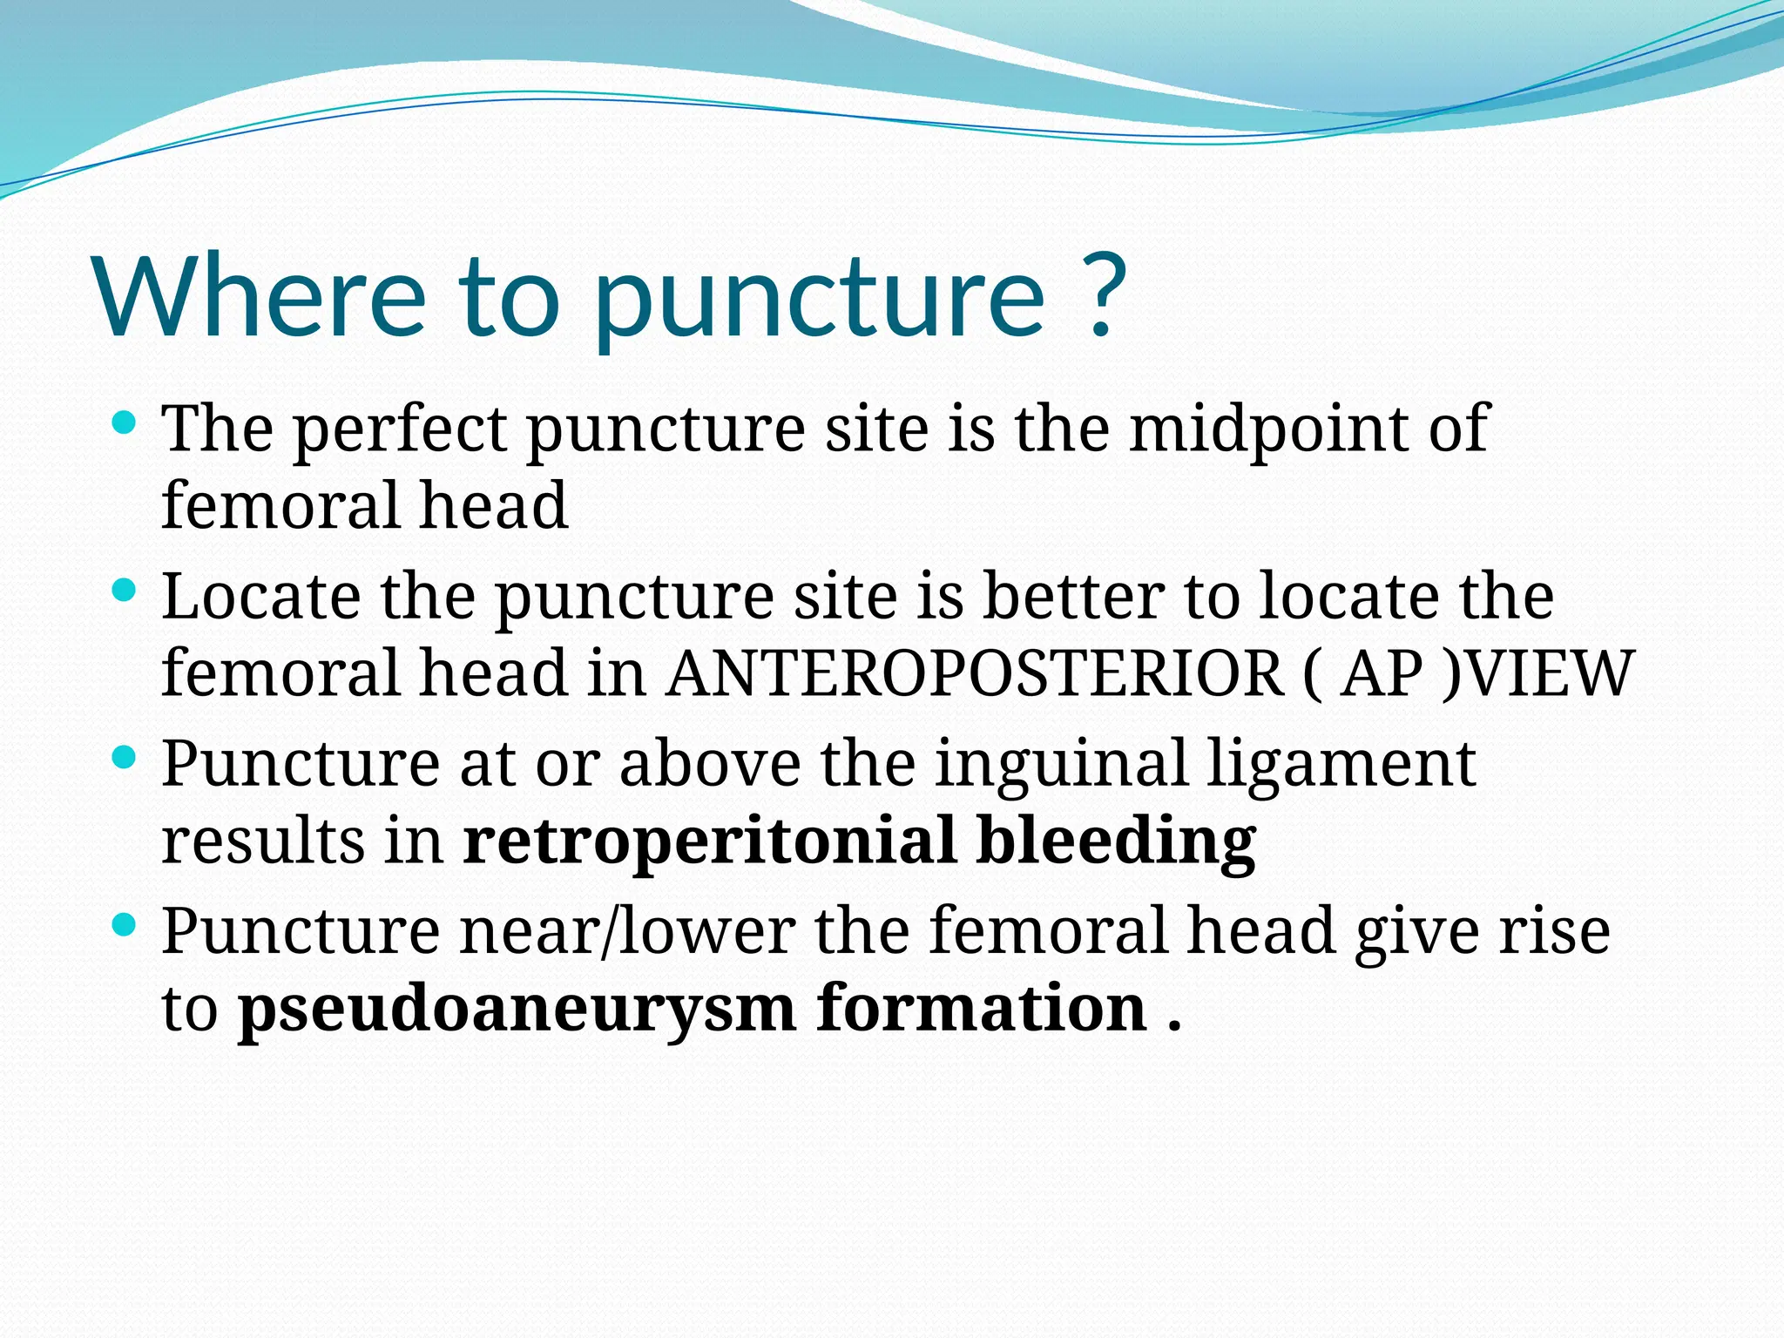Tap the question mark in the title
coord(1100,296)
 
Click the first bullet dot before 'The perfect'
coord(125,424)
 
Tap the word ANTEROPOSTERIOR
coord(975,673)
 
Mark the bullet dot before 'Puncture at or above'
coord(125,758)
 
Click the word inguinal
coord(1062,764)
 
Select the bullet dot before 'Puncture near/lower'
coord(125,925)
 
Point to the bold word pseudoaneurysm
coord(517,1009)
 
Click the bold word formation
coord(981,1009)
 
